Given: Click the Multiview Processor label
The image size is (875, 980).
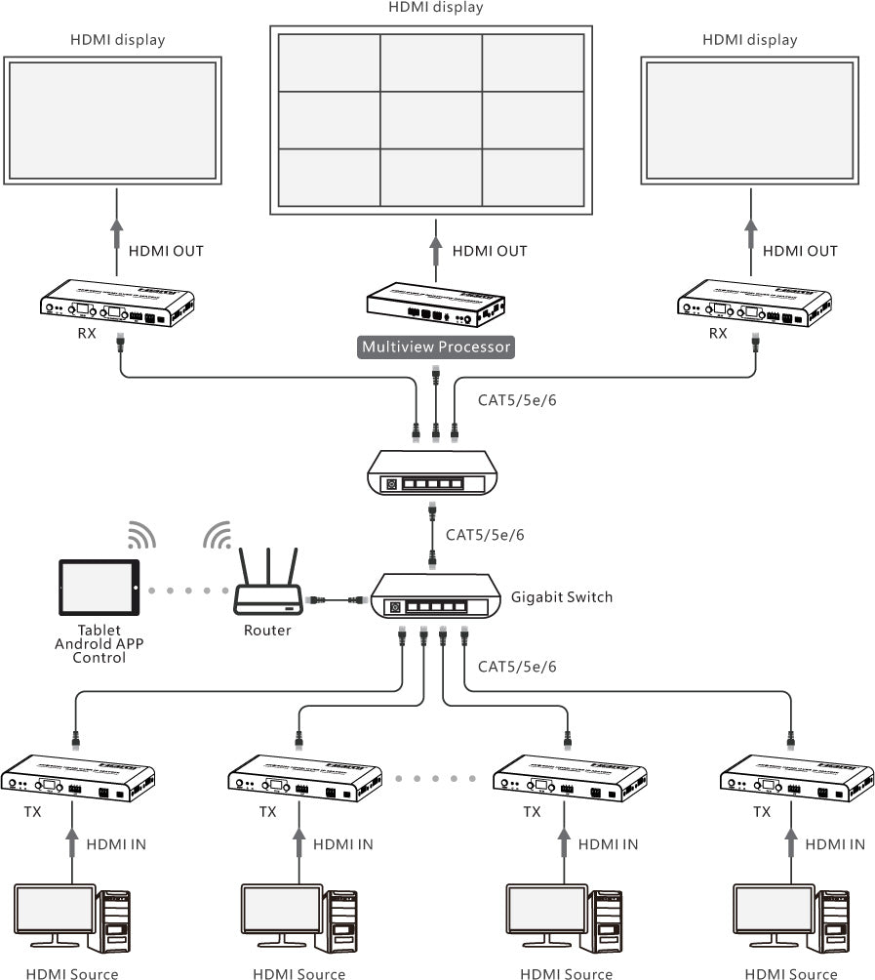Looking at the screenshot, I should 435,347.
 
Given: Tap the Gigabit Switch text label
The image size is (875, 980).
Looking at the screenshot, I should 562,596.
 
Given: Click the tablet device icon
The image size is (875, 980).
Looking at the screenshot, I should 99,589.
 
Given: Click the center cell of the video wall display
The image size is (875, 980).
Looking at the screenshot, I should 430,119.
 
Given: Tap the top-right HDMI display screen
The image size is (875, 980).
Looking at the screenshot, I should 750,119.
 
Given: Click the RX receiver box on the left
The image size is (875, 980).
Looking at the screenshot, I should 116,303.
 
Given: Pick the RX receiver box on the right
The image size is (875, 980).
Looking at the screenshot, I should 753,303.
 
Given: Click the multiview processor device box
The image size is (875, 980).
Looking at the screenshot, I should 436,305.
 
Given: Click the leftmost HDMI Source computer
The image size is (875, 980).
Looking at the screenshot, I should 71,917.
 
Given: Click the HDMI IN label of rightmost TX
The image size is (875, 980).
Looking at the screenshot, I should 835,843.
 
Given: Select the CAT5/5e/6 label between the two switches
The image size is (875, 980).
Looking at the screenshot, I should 485,535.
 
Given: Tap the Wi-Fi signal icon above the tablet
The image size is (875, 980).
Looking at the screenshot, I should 141,535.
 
